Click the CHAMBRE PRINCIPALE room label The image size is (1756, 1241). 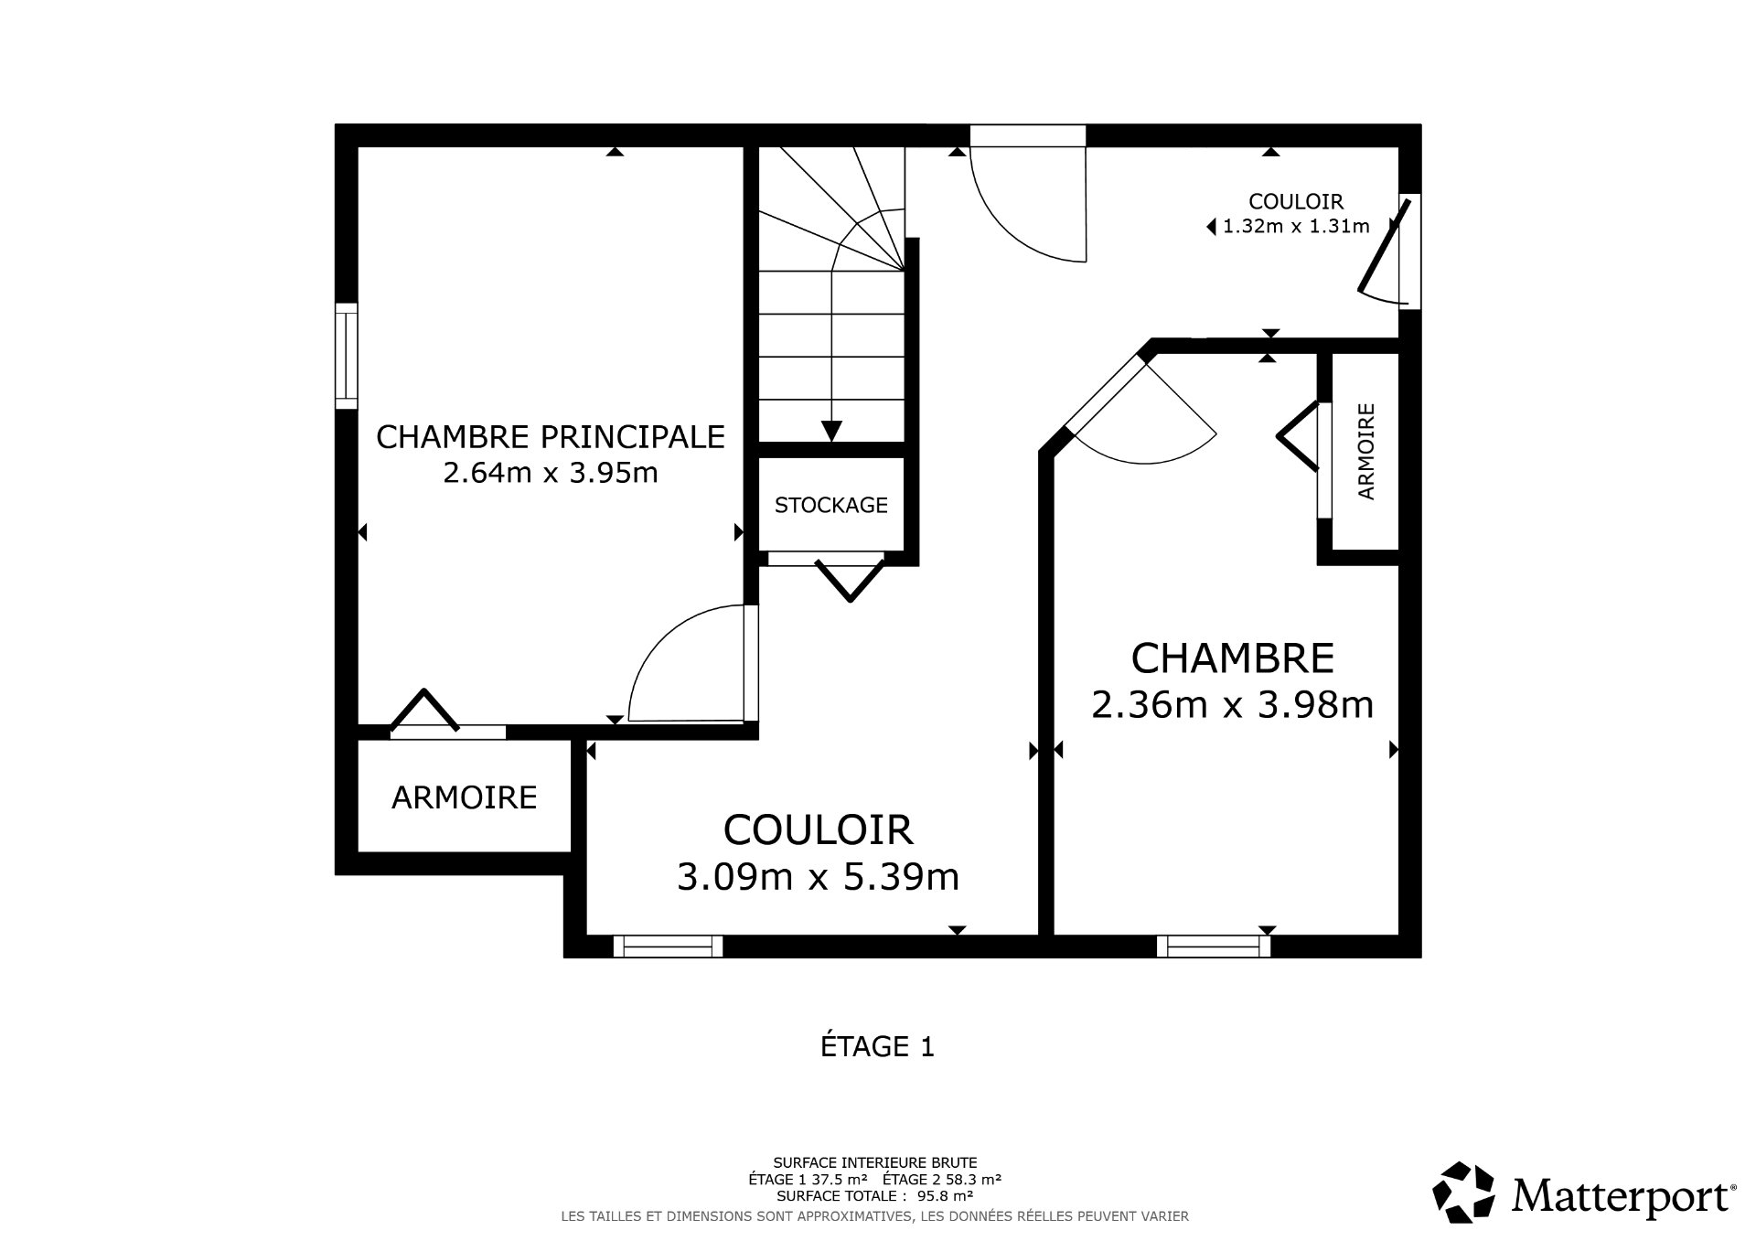(551, 437)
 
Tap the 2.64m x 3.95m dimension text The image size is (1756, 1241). (551, 474)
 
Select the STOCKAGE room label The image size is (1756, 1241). (830, 505)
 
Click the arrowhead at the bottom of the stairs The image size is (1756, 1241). (831, 431)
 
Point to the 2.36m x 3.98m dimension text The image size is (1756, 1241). (1232, 705)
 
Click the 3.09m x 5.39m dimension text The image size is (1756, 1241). (818, 877)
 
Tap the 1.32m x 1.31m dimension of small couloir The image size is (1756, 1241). (1296, 227)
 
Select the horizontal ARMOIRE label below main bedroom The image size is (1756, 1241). (464, 797)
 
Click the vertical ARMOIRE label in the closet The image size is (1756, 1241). (1366, 451)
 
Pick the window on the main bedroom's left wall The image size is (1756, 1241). (346, 357)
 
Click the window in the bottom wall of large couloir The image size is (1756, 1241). (668, 946)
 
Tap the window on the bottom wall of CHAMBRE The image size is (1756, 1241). (1214, 946)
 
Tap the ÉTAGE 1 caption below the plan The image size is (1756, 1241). (877, 1046)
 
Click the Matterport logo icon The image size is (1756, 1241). (1462, 1193)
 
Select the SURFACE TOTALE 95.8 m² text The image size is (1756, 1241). (874, 1195)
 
